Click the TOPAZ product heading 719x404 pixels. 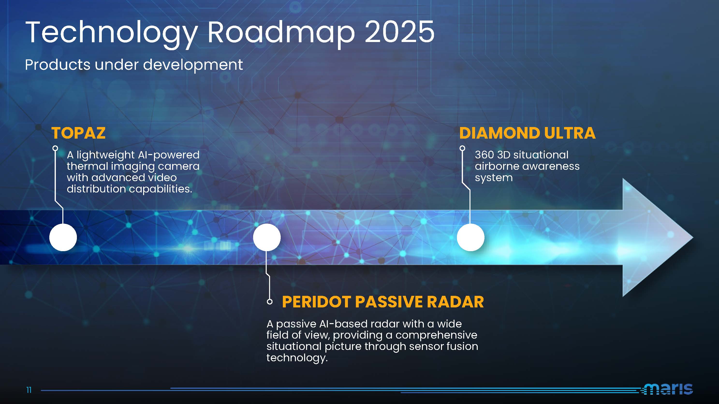click(x=78, y=133)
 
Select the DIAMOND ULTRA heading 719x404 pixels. click(x=527, y=133)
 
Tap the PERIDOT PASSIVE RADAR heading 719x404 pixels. click(x=383, y=302)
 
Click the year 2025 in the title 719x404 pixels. click(x=399, y=32)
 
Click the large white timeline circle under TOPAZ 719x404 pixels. click(x=63, y=237)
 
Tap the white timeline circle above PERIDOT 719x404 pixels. click(x=267, y=237)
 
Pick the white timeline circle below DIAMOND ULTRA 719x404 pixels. click(x=470, y=237)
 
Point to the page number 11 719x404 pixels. click(x=29, y=390)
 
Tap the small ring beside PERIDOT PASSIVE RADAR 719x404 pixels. click(x=270, y=302)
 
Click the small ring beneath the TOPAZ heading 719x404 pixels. click(x=55, y=148)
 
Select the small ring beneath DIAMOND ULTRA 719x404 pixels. click(x=462, y=148)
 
